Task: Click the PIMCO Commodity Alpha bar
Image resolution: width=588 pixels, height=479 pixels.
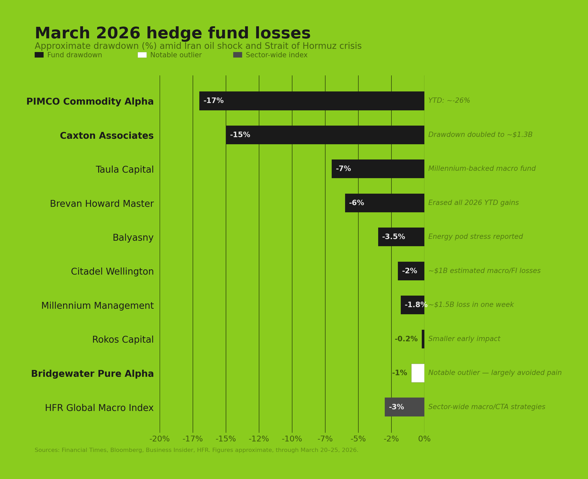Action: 312,101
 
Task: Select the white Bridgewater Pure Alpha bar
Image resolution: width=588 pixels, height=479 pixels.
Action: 418,373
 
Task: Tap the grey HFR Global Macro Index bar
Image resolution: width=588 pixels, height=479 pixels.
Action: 404,407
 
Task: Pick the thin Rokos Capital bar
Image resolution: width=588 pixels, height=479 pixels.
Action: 423,339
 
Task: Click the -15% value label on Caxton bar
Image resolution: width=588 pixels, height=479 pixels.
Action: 240,135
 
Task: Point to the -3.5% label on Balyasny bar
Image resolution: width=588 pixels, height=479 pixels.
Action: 393,237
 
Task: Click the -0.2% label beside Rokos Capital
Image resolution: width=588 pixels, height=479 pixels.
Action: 406,339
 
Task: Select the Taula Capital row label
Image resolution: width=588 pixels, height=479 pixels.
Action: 125,170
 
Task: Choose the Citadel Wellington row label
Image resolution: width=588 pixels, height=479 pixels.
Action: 112,272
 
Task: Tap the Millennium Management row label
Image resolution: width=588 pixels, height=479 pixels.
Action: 97,306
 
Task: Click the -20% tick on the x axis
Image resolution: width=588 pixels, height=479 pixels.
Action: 159,439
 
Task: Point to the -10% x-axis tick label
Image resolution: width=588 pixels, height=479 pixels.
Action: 292,439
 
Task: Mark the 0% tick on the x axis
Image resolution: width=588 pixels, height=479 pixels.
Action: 424,439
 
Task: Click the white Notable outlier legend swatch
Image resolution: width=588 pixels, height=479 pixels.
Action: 142,55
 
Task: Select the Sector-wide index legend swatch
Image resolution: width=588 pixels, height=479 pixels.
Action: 237,55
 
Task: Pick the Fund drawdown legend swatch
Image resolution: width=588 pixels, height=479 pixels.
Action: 39,55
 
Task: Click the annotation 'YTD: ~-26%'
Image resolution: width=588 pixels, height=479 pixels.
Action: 449,101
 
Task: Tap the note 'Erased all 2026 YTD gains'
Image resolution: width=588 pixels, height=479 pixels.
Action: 473,203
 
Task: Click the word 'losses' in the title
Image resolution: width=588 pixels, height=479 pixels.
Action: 283,33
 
